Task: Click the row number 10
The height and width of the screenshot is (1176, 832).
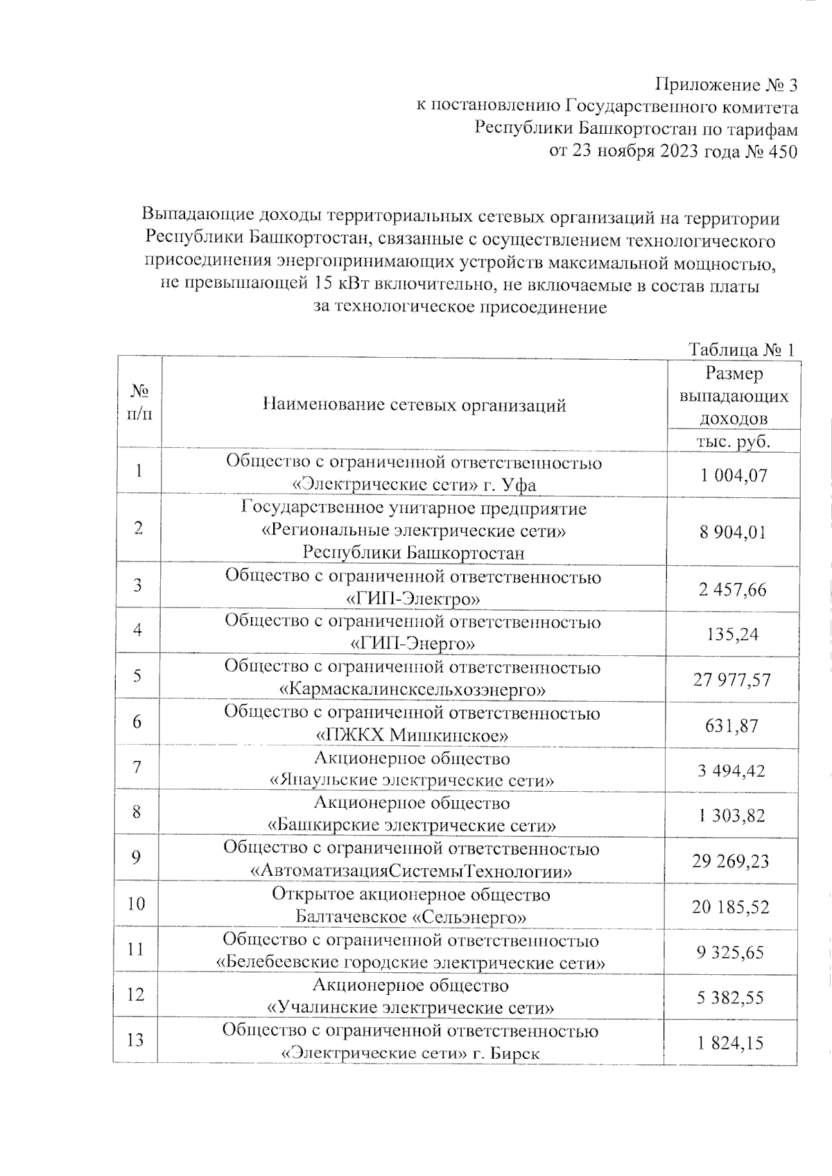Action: tap(137, 903)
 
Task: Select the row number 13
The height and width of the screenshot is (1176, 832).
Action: tap(136, 1040)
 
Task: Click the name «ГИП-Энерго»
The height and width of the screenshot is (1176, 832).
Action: tap(413, 644)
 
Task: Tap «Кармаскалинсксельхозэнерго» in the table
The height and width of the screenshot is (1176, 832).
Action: tap(412, 690)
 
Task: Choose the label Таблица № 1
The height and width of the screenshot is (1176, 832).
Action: tap(740, 349)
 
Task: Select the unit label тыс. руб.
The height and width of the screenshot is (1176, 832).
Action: tap(734, 442)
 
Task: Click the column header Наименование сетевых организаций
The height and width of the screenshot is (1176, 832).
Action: tap(415, 405)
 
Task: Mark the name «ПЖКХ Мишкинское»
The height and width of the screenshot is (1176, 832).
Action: tap(412, 735)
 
